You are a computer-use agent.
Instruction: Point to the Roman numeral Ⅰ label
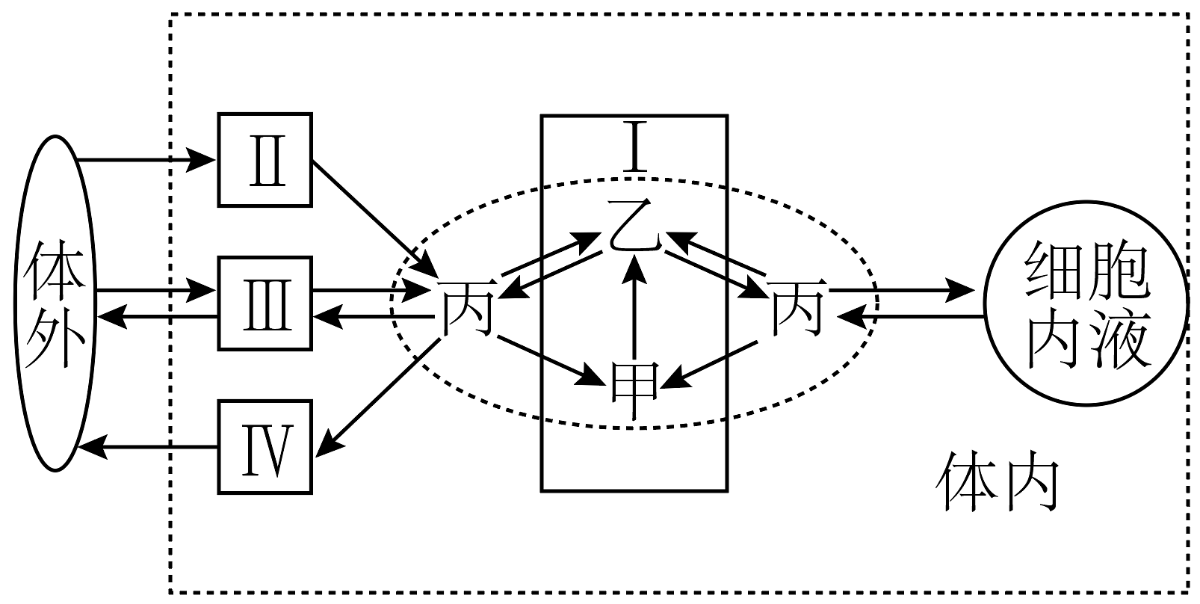click(635, 147)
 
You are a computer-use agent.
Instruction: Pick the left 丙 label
click(467, 308)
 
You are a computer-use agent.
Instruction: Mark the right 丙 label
click(797, 307)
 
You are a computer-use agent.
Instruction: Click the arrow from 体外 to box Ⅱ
click(146, 160)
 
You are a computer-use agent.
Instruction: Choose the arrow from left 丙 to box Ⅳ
click(379, 398)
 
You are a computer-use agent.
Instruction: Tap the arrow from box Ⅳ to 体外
click(148, 447)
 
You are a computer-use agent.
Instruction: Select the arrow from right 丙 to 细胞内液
click(902, 291)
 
